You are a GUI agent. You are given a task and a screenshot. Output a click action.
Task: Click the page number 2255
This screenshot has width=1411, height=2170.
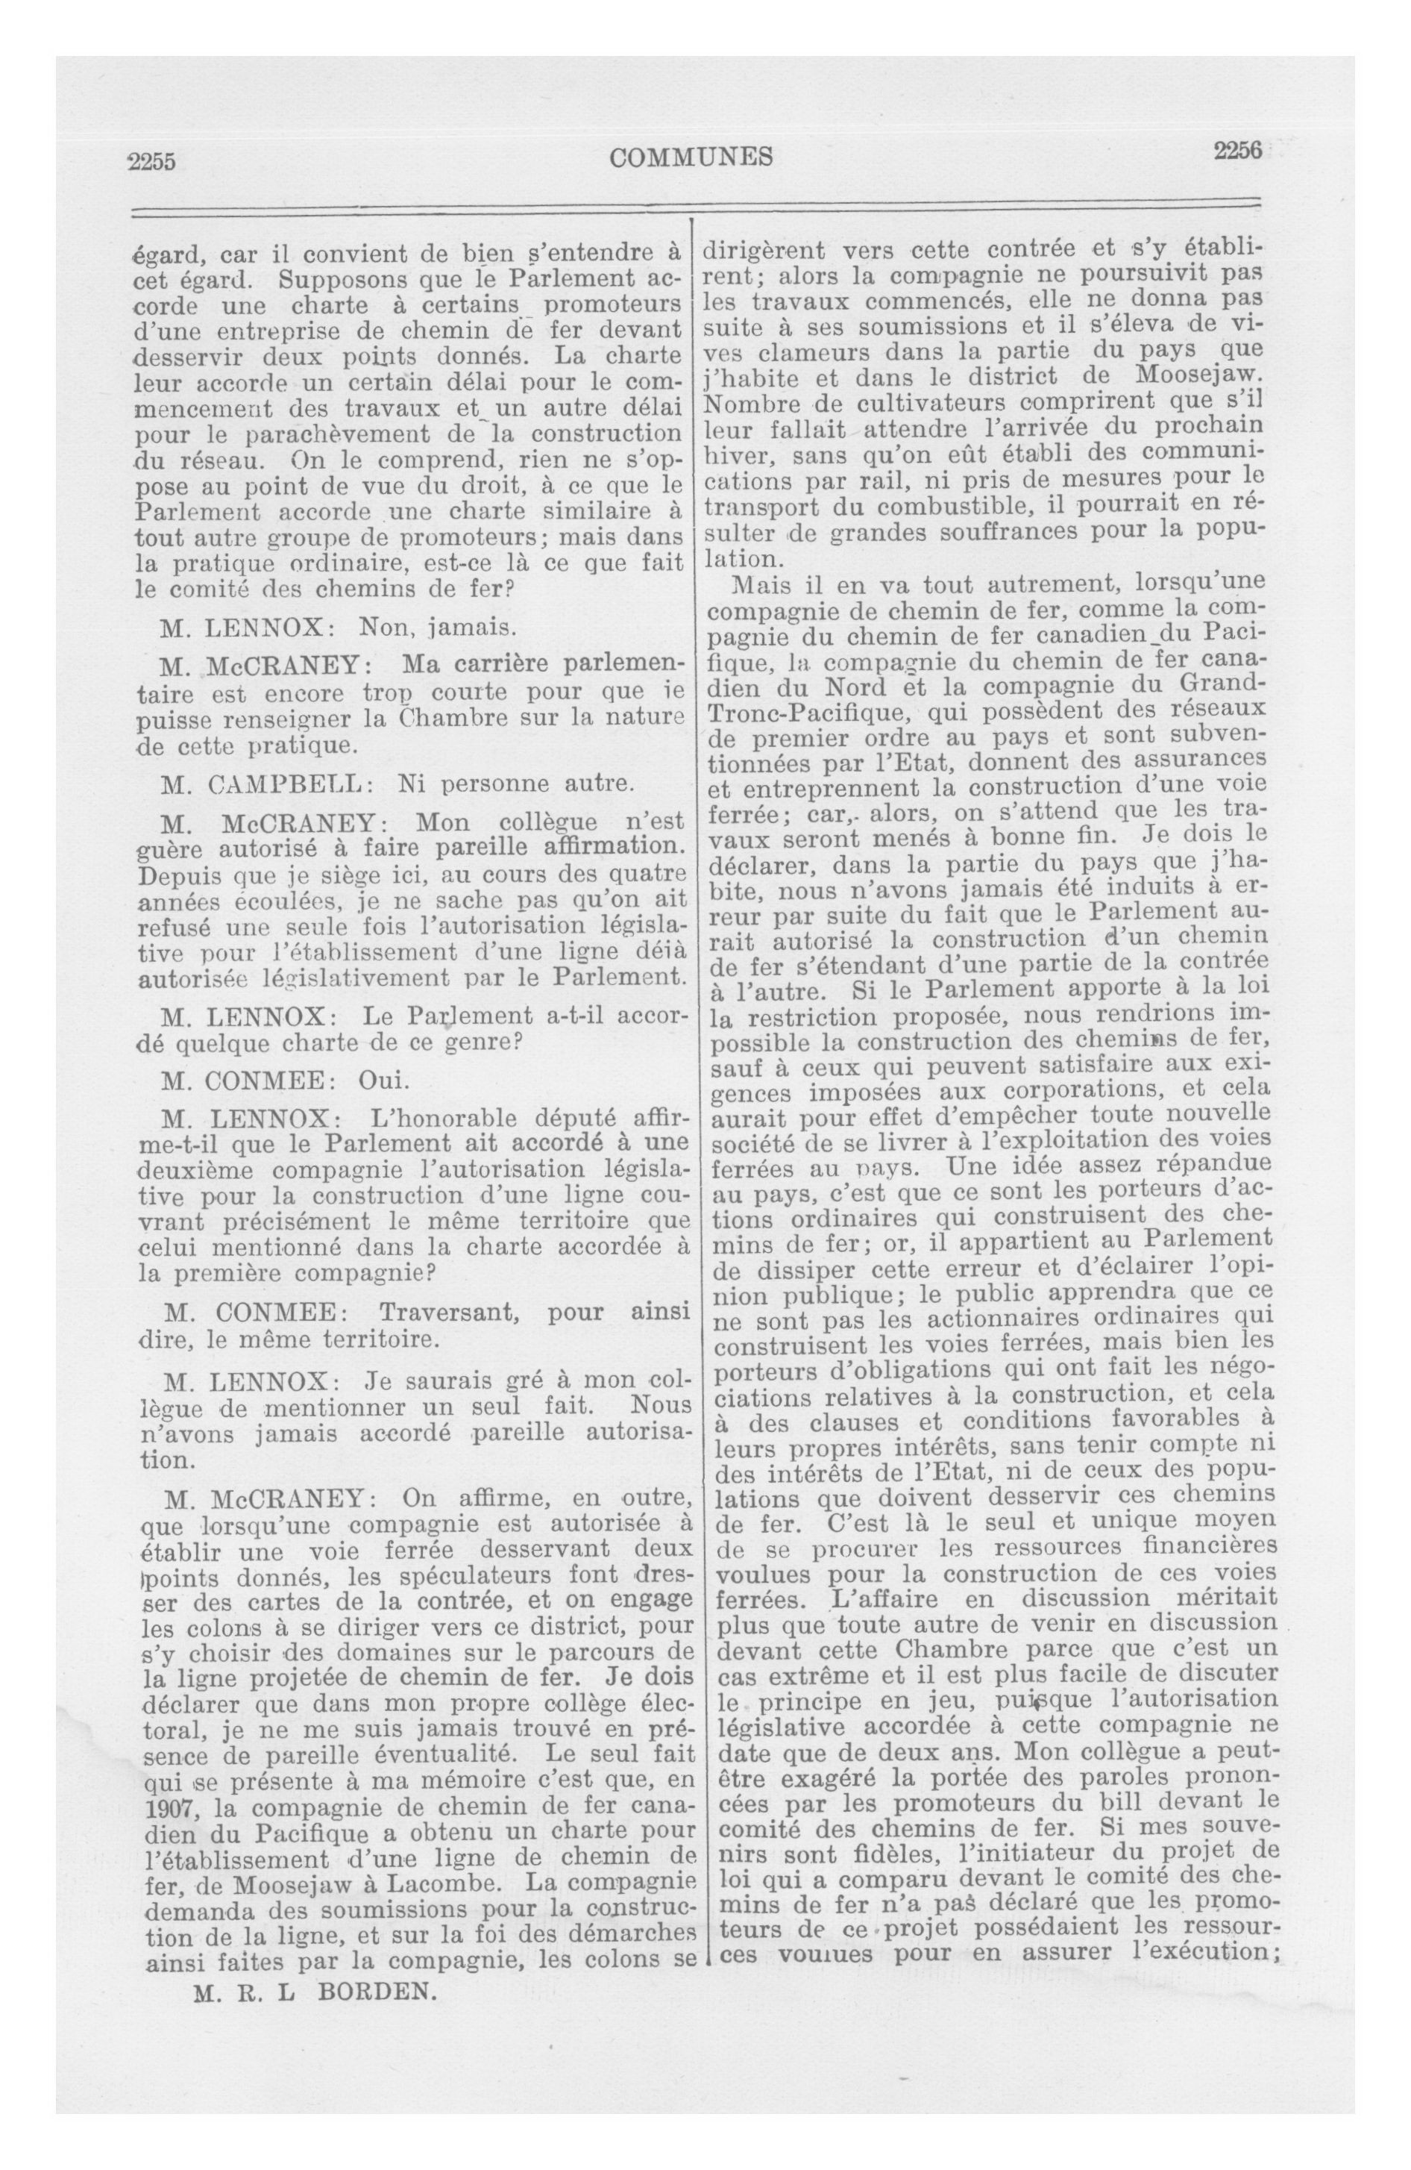151,161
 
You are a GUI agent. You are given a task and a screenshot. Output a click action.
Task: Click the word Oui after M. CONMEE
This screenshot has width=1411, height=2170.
384,1081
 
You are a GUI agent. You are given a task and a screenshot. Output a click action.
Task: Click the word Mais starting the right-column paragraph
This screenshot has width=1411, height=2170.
760,584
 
